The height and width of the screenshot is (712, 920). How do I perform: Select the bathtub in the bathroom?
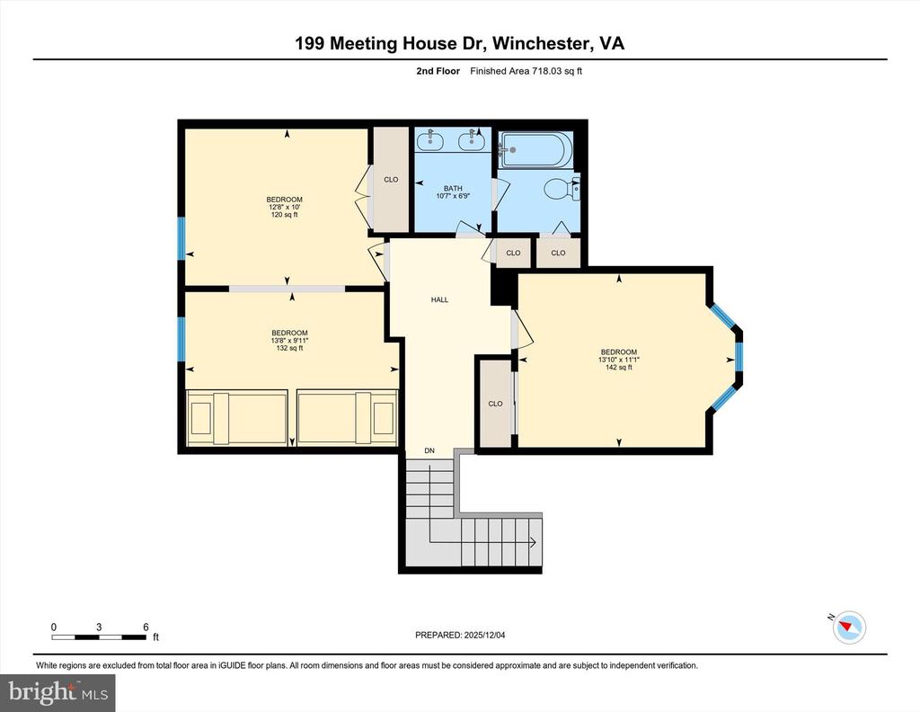[x=535, y=149]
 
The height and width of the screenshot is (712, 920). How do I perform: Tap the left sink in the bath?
[x=430, y=140]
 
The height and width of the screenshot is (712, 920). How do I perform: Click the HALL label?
[x=439, y=300]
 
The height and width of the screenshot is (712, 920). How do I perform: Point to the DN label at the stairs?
[x=429, y=450]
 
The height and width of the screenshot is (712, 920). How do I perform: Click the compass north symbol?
[x=848, y=627]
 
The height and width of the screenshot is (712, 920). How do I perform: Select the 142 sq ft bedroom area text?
[x=619, y=368]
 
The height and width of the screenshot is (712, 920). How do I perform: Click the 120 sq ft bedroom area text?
[x=284, y=216]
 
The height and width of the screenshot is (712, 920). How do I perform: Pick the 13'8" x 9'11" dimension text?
[x=289, y=341]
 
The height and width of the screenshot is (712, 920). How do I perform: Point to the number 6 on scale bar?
[x=145, y=627]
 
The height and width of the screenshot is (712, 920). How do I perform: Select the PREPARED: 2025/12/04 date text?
[x=466, y=636]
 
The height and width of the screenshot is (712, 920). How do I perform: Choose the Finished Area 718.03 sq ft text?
[x=532, y=71]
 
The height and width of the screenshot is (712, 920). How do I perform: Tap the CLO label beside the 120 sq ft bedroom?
[x=391, y=180]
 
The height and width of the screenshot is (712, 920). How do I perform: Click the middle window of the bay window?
[x=739, y=356]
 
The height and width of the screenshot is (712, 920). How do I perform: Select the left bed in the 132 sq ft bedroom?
[x=236, y=417]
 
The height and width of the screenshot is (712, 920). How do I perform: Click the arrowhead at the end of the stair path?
[x=533, y=542]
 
